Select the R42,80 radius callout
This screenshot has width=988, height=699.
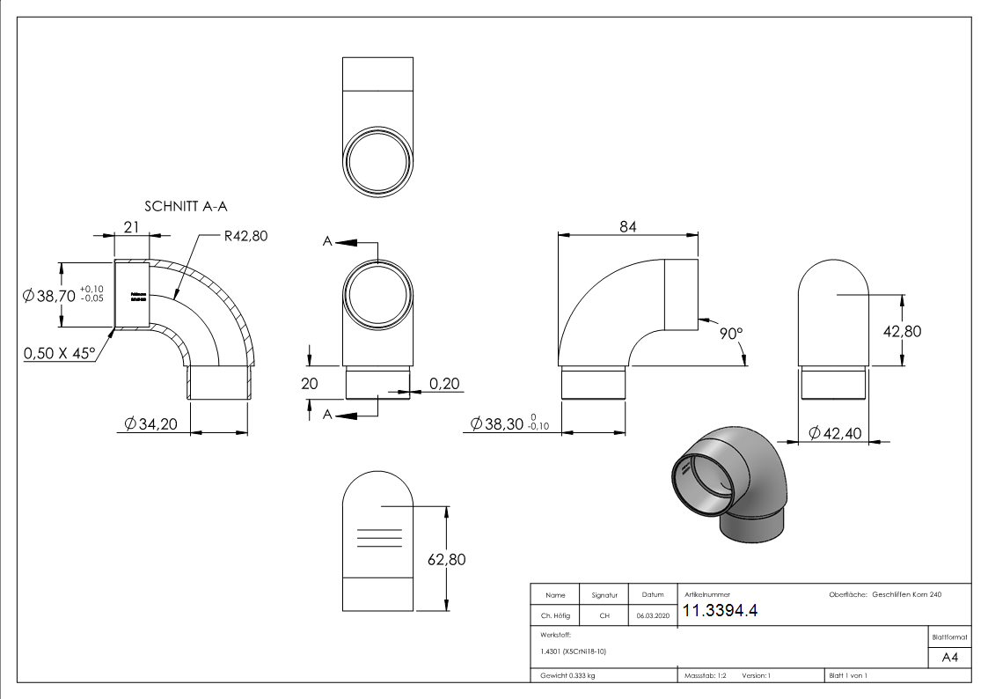pos(246,236)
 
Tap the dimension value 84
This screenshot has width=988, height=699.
pos(627,226)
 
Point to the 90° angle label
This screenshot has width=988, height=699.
pos(731,334)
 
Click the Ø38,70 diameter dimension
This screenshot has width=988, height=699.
pos(53,296)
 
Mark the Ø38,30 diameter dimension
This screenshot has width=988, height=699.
pos(498,424)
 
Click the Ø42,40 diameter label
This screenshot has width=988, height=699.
pos(835,433)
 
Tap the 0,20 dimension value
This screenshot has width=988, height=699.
pos(445,383)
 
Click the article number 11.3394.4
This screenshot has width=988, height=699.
pos(720,611)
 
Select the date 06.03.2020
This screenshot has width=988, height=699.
pos(652,616)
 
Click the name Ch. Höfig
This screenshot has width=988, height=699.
pos(555,616)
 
